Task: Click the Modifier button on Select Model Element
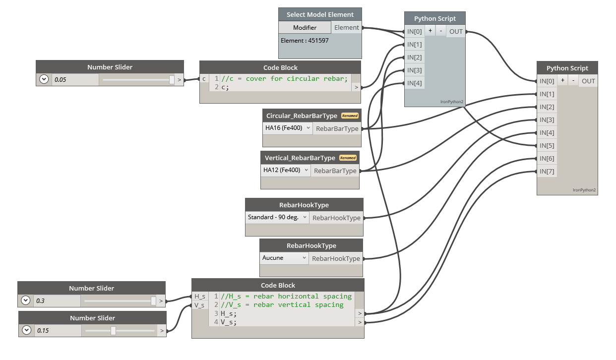point(305,28)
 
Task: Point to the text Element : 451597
point(305,41)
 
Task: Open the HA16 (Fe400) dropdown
point(288,128)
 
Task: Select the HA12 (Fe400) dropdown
point(286,170)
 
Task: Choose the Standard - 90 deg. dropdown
point(277,217)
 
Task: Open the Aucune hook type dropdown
point(284,258)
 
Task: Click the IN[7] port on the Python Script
point(547,171)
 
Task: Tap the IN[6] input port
point(547,158)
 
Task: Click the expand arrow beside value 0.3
point(26,300)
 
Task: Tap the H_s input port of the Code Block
point(200,296)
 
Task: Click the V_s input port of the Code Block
point(199,305)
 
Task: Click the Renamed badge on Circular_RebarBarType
point(350,116)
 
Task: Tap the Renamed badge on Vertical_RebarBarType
point(348,158)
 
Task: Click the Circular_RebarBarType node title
point(302,116)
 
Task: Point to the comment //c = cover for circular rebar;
point(285,78)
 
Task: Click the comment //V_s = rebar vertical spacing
point(282,304)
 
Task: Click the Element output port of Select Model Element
point(347,28)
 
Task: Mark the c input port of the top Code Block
point(204,79)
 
